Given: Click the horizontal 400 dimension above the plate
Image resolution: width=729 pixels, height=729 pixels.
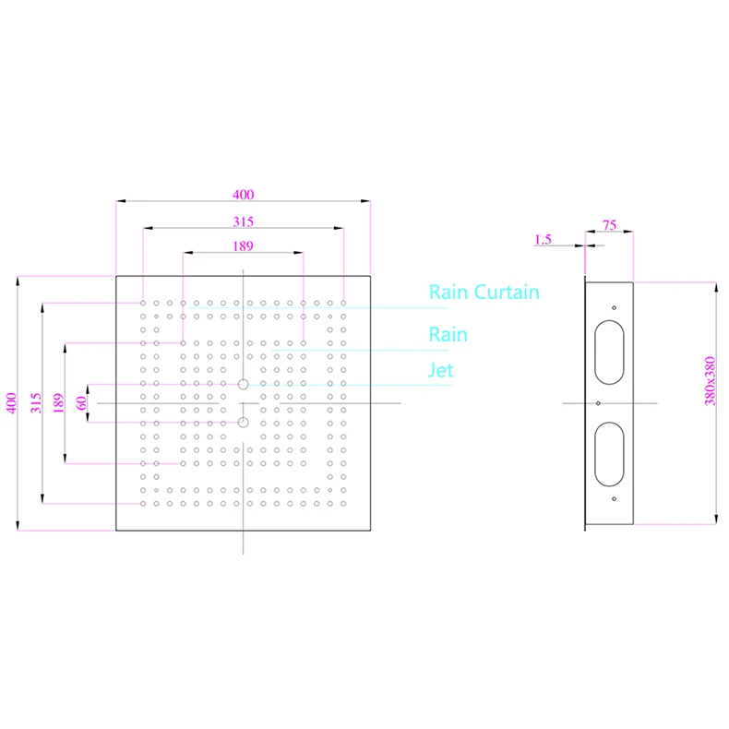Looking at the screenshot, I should point(243,195).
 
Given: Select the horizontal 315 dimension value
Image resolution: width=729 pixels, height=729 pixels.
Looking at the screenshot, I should point(243,221).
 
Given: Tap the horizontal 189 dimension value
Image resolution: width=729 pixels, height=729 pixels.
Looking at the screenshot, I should point(243,246).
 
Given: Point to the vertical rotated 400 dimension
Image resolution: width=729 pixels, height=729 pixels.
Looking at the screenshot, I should point(12,403).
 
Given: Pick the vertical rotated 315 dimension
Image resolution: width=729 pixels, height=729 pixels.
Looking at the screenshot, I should point(36,403).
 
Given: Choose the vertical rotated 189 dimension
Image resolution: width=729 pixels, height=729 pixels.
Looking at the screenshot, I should point(58,403).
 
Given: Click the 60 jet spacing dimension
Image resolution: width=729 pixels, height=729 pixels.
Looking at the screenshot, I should point(81,403).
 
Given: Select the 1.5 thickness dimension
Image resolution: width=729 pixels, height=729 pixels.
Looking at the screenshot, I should point(543,240).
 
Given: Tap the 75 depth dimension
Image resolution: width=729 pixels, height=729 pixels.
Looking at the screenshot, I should point(609,224).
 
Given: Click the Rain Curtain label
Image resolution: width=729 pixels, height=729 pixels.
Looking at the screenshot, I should point(484,293).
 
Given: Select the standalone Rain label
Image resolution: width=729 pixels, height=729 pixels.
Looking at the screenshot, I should point(448,334).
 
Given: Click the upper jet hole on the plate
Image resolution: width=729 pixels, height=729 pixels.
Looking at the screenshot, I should point(243,384).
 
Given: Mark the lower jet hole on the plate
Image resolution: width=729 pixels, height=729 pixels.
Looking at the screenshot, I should point(243,423).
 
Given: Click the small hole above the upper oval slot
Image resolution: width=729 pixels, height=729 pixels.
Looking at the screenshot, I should point(614,308).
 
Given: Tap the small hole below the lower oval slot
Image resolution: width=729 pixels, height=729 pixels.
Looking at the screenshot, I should point(614,498).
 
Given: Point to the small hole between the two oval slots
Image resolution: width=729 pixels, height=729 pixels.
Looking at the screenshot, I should point(599,403).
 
